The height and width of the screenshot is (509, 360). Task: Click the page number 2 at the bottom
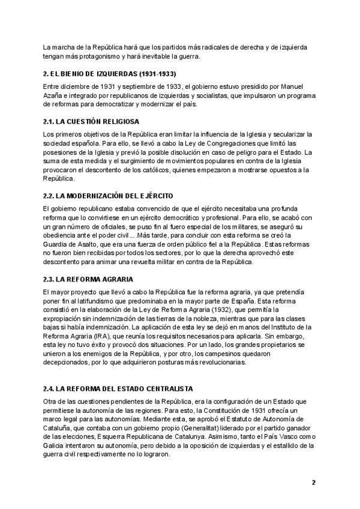[x=313, y=483]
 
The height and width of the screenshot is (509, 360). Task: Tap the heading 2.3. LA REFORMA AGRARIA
[x=88, y=279]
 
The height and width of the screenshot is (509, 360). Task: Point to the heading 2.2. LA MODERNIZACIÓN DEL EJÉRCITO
[x=108, y=196]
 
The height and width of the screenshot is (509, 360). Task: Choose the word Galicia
[x=54, y=445]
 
